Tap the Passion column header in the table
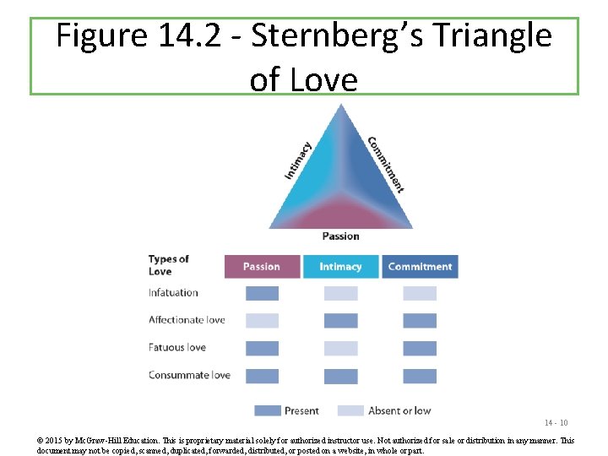coord(262,267)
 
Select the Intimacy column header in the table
coord(340,267)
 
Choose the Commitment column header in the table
coord(420,267)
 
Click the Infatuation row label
coord(173,293)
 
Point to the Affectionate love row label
coord(187,320)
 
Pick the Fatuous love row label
coord(177,347)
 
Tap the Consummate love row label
coord(189,375)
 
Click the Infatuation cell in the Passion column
coord(262,294)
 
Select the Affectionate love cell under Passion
coord(262,321)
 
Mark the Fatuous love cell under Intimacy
coord(340,348)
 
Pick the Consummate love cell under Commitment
coord(420,376)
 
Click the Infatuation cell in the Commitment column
coord(420,294)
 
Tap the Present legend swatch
coord(268,410)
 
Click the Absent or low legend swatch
coord(350,410)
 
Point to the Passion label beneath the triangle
coord(340,236)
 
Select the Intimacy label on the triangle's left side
coord(297,160)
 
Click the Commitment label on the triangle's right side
coord(385,164)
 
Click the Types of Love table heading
coord(168,265)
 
